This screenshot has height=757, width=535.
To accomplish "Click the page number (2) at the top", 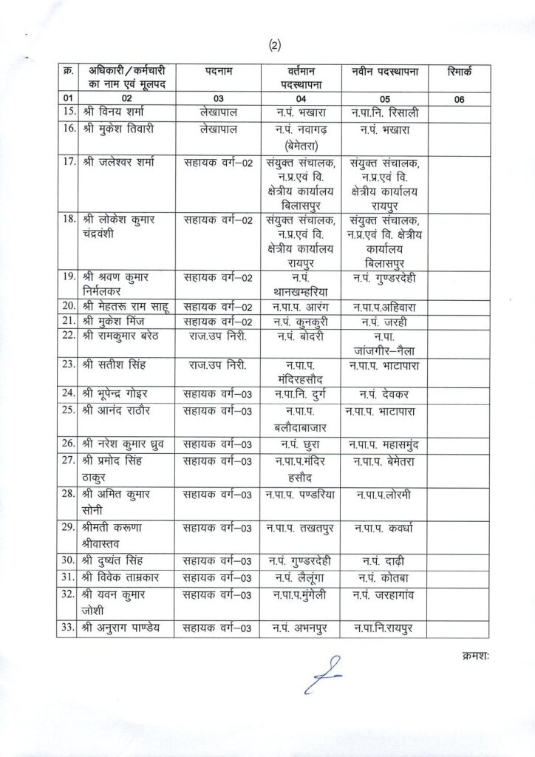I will coord(275,45).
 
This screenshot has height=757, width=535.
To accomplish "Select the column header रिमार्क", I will coord(460,71).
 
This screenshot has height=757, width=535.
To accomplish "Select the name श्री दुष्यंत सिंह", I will coord(120,559).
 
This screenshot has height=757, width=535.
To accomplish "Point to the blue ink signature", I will coord(322,673).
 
